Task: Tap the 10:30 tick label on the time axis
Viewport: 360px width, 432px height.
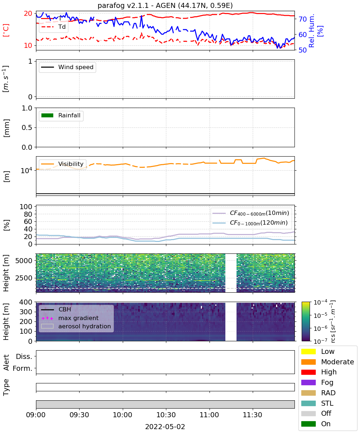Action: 166,415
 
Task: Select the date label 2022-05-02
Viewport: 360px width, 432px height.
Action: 165,427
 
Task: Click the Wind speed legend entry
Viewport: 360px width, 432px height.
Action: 67,67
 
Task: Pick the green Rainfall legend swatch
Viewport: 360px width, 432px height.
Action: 48,115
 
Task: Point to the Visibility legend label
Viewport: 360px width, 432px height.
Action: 71,164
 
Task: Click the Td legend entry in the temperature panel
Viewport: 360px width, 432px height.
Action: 54,27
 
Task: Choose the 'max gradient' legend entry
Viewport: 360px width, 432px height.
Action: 70,318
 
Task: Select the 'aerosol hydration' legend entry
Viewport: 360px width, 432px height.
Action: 76,326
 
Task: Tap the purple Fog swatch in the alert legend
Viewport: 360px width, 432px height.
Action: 308,382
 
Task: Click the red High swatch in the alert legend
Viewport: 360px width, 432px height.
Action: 308,372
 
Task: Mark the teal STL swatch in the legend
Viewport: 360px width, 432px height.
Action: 308,403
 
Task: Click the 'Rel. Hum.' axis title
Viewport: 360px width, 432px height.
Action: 311,31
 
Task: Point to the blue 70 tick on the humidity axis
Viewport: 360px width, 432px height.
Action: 302,19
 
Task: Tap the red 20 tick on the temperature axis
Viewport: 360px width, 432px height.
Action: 28,13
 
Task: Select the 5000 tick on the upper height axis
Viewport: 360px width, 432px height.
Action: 24,261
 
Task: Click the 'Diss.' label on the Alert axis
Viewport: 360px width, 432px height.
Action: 24,356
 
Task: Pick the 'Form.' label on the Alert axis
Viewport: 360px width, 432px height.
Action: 23,368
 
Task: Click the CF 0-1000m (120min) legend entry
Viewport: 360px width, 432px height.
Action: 250,223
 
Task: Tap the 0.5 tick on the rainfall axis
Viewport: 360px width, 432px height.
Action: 27,127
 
